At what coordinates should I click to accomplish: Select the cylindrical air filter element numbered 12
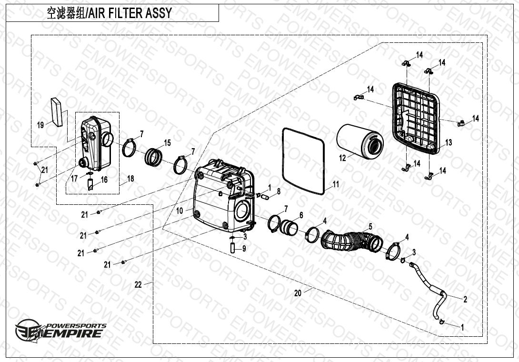coord(359,140)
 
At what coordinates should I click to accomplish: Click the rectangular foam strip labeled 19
coord(57,112)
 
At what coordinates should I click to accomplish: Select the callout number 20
coord(298,293)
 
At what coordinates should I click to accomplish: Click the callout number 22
coord(138,284)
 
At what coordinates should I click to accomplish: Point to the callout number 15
coord(167,142)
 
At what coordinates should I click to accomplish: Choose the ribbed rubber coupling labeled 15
coord(155,157)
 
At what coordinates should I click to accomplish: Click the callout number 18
coord(130,179)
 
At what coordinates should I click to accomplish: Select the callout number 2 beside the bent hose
coord(465,299)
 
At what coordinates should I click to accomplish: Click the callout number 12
coord(343,158)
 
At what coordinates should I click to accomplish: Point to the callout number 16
coord(104,180)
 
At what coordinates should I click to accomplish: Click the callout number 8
coord(279,191)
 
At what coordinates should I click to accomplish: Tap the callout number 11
coord(336,184)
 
